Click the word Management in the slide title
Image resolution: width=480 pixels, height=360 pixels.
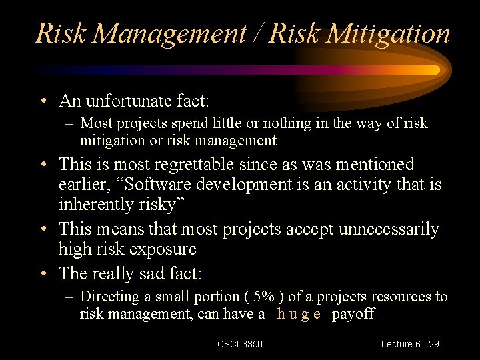coord(169,33)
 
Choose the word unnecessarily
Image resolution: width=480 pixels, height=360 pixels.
coord(389,229)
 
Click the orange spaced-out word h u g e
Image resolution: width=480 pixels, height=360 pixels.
coord(299,314)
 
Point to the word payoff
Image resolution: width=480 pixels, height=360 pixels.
coord(353,314)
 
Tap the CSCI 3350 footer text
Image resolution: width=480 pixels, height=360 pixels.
coord(240,344)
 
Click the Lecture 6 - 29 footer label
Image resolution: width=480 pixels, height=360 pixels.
coord(410,344)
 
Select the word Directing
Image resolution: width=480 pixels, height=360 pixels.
coord(109,297)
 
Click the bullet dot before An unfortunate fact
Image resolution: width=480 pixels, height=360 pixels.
coord(42,102)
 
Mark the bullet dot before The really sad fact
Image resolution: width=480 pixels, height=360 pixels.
coord(42,274)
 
